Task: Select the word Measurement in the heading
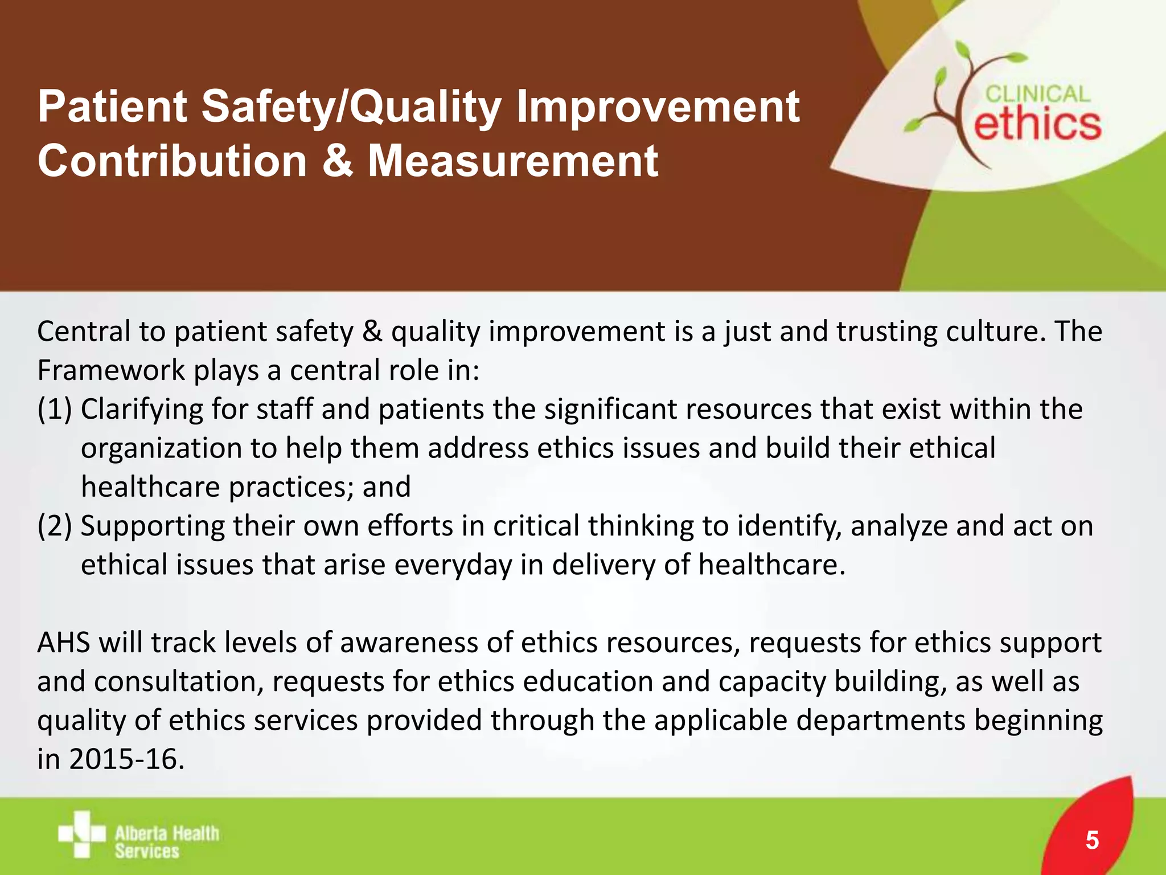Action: pyautogui.click(x=512, y=161)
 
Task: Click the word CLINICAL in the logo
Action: pyautogui.click(x=1037, y=95)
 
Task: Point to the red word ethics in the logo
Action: pyautogui.click(x=1037, y=125)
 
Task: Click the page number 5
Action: pyautogui.click(x=1092, y=840)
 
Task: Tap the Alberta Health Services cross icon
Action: pyautogui.click(x=81, y=834)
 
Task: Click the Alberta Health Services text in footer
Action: pyautogui.click(x=166, y=842)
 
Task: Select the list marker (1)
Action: pyautogui.click(x=55, y=410)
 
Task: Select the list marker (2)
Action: pyautogui.click(x=55, y=526)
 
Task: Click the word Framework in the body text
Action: pyautogui.click(x=111, y=371)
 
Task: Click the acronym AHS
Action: pyautogui.click(x=64, y=643)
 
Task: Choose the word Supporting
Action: pyautogui.click(x=153, y=526)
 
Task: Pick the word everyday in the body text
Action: pyautogui.click(x=453, y=565)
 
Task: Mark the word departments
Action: pyautogui.click(x=880, y=720)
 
